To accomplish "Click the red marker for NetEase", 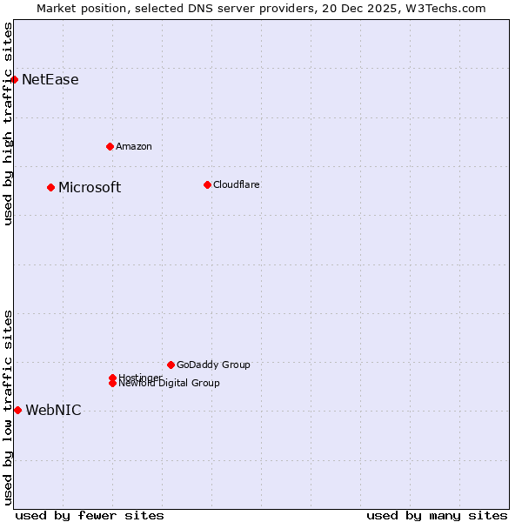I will pyautogui.click(x=14, y=79).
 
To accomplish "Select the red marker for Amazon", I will pyautogui.click(x=110, y=146).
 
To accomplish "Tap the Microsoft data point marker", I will pyautogui.click(x=50, y=187).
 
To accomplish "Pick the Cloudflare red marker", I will pyautogui.click(x=207, y=184).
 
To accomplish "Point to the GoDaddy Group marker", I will pyautogui.click(x=171, y=365).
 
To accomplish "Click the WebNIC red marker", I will pyautogui.click(x=17, y=410).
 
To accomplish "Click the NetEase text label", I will pyautogui.click(x=50, y=80).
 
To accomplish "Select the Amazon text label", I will pyautogui.click(x=133, y=146).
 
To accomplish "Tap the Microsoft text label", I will pyautogui.click(x=90, y=188).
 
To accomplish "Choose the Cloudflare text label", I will pyautogui.click(x=236, y=184).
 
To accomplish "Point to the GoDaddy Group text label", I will pyautogui.click(x=213, y=365).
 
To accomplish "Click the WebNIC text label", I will pyautogui.click(x=53, y=411).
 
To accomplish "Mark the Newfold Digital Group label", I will pyautogui.click(x=169, y=384).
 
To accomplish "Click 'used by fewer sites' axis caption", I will pyautogui.click(x=90, y=515).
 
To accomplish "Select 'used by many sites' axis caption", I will pyautogui.click(x=437, y=515).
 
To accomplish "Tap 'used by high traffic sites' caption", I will pyautogui.click(x=8, y=124).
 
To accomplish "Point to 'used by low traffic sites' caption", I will pyautogui.click(x=8, y=406).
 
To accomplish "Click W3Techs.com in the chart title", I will pyautogui.click(x=449, y=8).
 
